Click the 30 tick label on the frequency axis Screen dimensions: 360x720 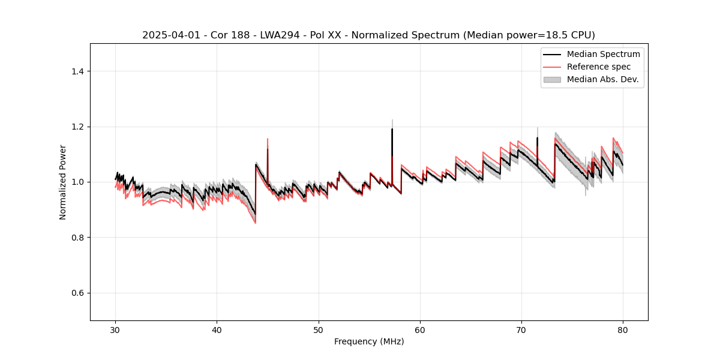116,329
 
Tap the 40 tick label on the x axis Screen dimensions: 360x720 217,329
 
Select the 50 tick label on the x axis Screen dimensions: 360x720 319,329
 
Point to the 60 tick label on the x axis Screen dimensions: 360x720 420,329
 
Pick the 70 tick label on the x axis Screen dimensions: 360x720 521,329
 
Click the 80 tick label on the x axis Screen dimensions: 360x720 623,329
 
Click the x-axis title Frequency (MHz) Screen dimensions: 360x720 369,341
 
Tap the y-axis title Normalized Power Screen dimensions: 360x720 63,182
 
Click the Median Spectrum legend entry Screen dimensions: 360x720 603,54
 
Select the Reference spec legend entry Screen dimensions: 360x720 598,67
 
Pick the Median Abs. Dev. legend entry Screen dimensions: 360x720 602,79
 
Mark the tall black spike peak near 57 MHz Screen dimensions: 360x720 392,129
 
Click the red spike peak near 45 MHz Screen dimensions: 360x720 268,139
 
